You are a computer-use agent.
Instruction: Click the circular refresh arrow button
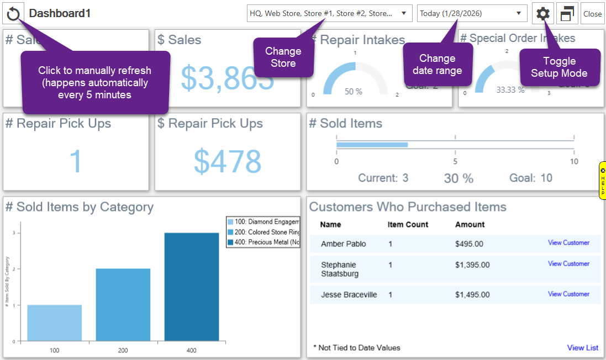click(x=13, y=14)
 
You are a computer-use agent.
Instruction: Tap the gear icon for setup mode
click(x=543, y=14)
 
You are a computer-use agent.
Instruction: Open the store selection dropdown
click(x=329, y=13)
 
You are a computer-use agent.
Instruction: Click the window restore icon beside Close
click(x=567, y=14)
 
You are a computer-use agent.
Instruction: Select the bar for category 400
click(x=192, y=287)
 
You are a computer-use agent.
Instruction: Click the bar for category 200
click(x=123, y=304)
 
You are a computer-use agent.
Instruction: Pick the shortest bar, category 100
click(x=54, y=322)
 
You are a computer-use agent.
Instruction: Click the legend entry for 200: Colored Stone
click(x=262, y=232)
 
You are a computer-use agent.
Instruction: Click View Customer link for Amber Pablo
click(x=568, y=243)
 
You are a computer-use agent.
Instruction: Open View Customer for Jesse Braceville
click(x=568, y=294)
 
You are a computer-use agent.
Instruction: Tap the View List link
click(x=582, y=348)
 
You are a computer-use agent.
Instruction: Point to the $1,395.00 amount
click(x=472, y=265)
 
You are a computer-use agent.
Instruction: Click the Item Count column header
click(x=408, y=225)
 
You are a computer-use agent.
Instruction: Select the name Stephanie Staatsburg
click(x=339, y=269)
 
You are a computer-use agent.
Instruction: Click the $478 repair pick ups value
click(x=227, y=162)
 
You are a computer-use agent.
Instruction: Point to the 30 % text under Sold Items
click(x=459, y=178)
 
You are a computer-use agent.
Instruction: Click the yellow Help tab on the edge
click(x=602, y=181)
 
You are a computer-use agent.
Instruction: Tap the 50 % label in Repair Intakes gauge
click(x=354, y=92)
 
